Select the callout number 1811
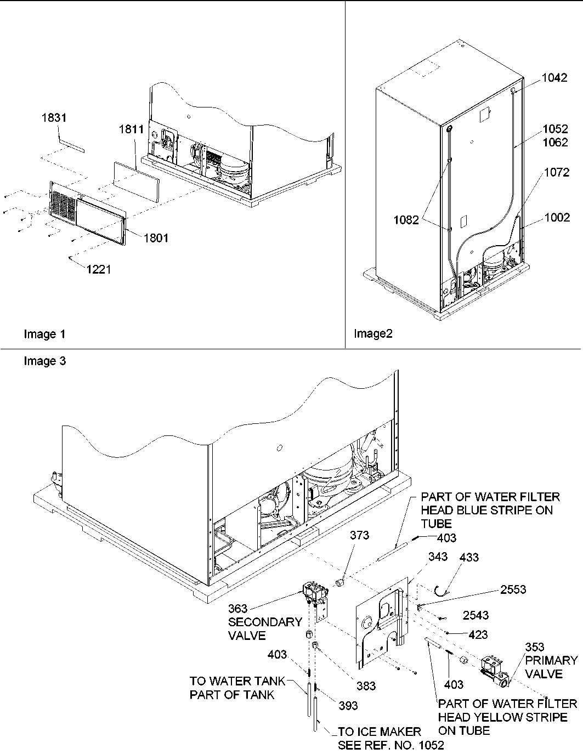point(131,129)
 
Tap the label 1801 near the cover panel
point(156,238)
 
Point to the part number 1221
point(99,269)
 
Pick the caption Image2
point(373,333)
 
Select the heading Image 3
point(45,361)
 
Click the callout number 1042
point(554,78)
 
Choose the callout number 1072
point(556,173)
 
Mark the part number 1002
point(557,218)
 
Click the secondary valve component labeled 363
point(314,594)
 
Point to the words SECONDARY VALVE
point(265,629)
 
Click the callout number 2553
point(512,589)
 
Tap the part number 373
point(359,535)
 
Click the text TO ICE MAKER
point(379,732)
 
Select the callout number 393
point(348,706)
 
